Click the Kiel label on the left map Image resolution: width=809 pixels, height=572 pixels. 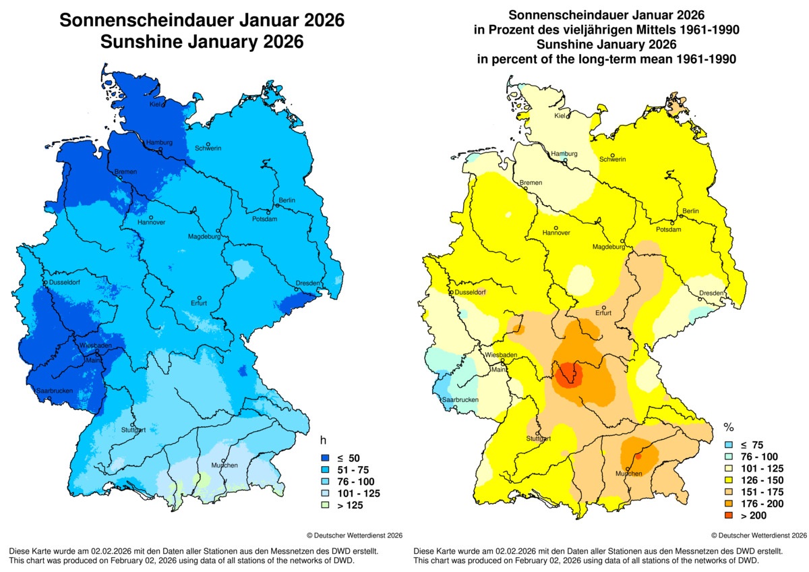pos(155,105)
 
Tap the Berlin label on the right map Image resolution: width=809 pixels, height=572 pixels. pos(690,211)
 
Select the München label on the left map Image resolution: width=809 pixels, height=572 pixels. pos(224,465)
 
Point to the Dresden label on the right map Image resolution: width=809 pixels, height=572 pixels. pos(711,293)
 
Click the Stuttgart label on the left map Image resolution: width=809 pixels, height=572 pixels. pos(133,430)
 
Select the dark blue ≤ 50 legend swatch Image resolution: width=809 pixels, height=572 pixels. pos(324,458)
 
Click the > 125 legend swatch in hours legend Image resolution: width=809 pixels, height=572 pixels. pos(324,504)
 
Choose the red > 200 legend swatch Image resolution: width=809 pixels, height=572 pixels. pos(729,516)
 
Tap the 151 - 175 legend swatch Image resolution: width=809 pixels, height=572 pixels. pos(729,492)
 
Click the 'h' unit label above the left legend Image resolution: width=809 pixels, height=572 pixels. pos(323,440)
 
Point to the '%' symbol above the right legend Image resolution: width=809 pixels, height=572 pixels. pos(728,427)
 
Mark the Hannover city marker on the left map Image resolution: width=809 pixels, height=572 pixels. pos(152,217)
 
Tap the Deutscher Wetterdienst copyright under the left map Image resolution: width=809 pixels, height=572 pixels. pos(355,535)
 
